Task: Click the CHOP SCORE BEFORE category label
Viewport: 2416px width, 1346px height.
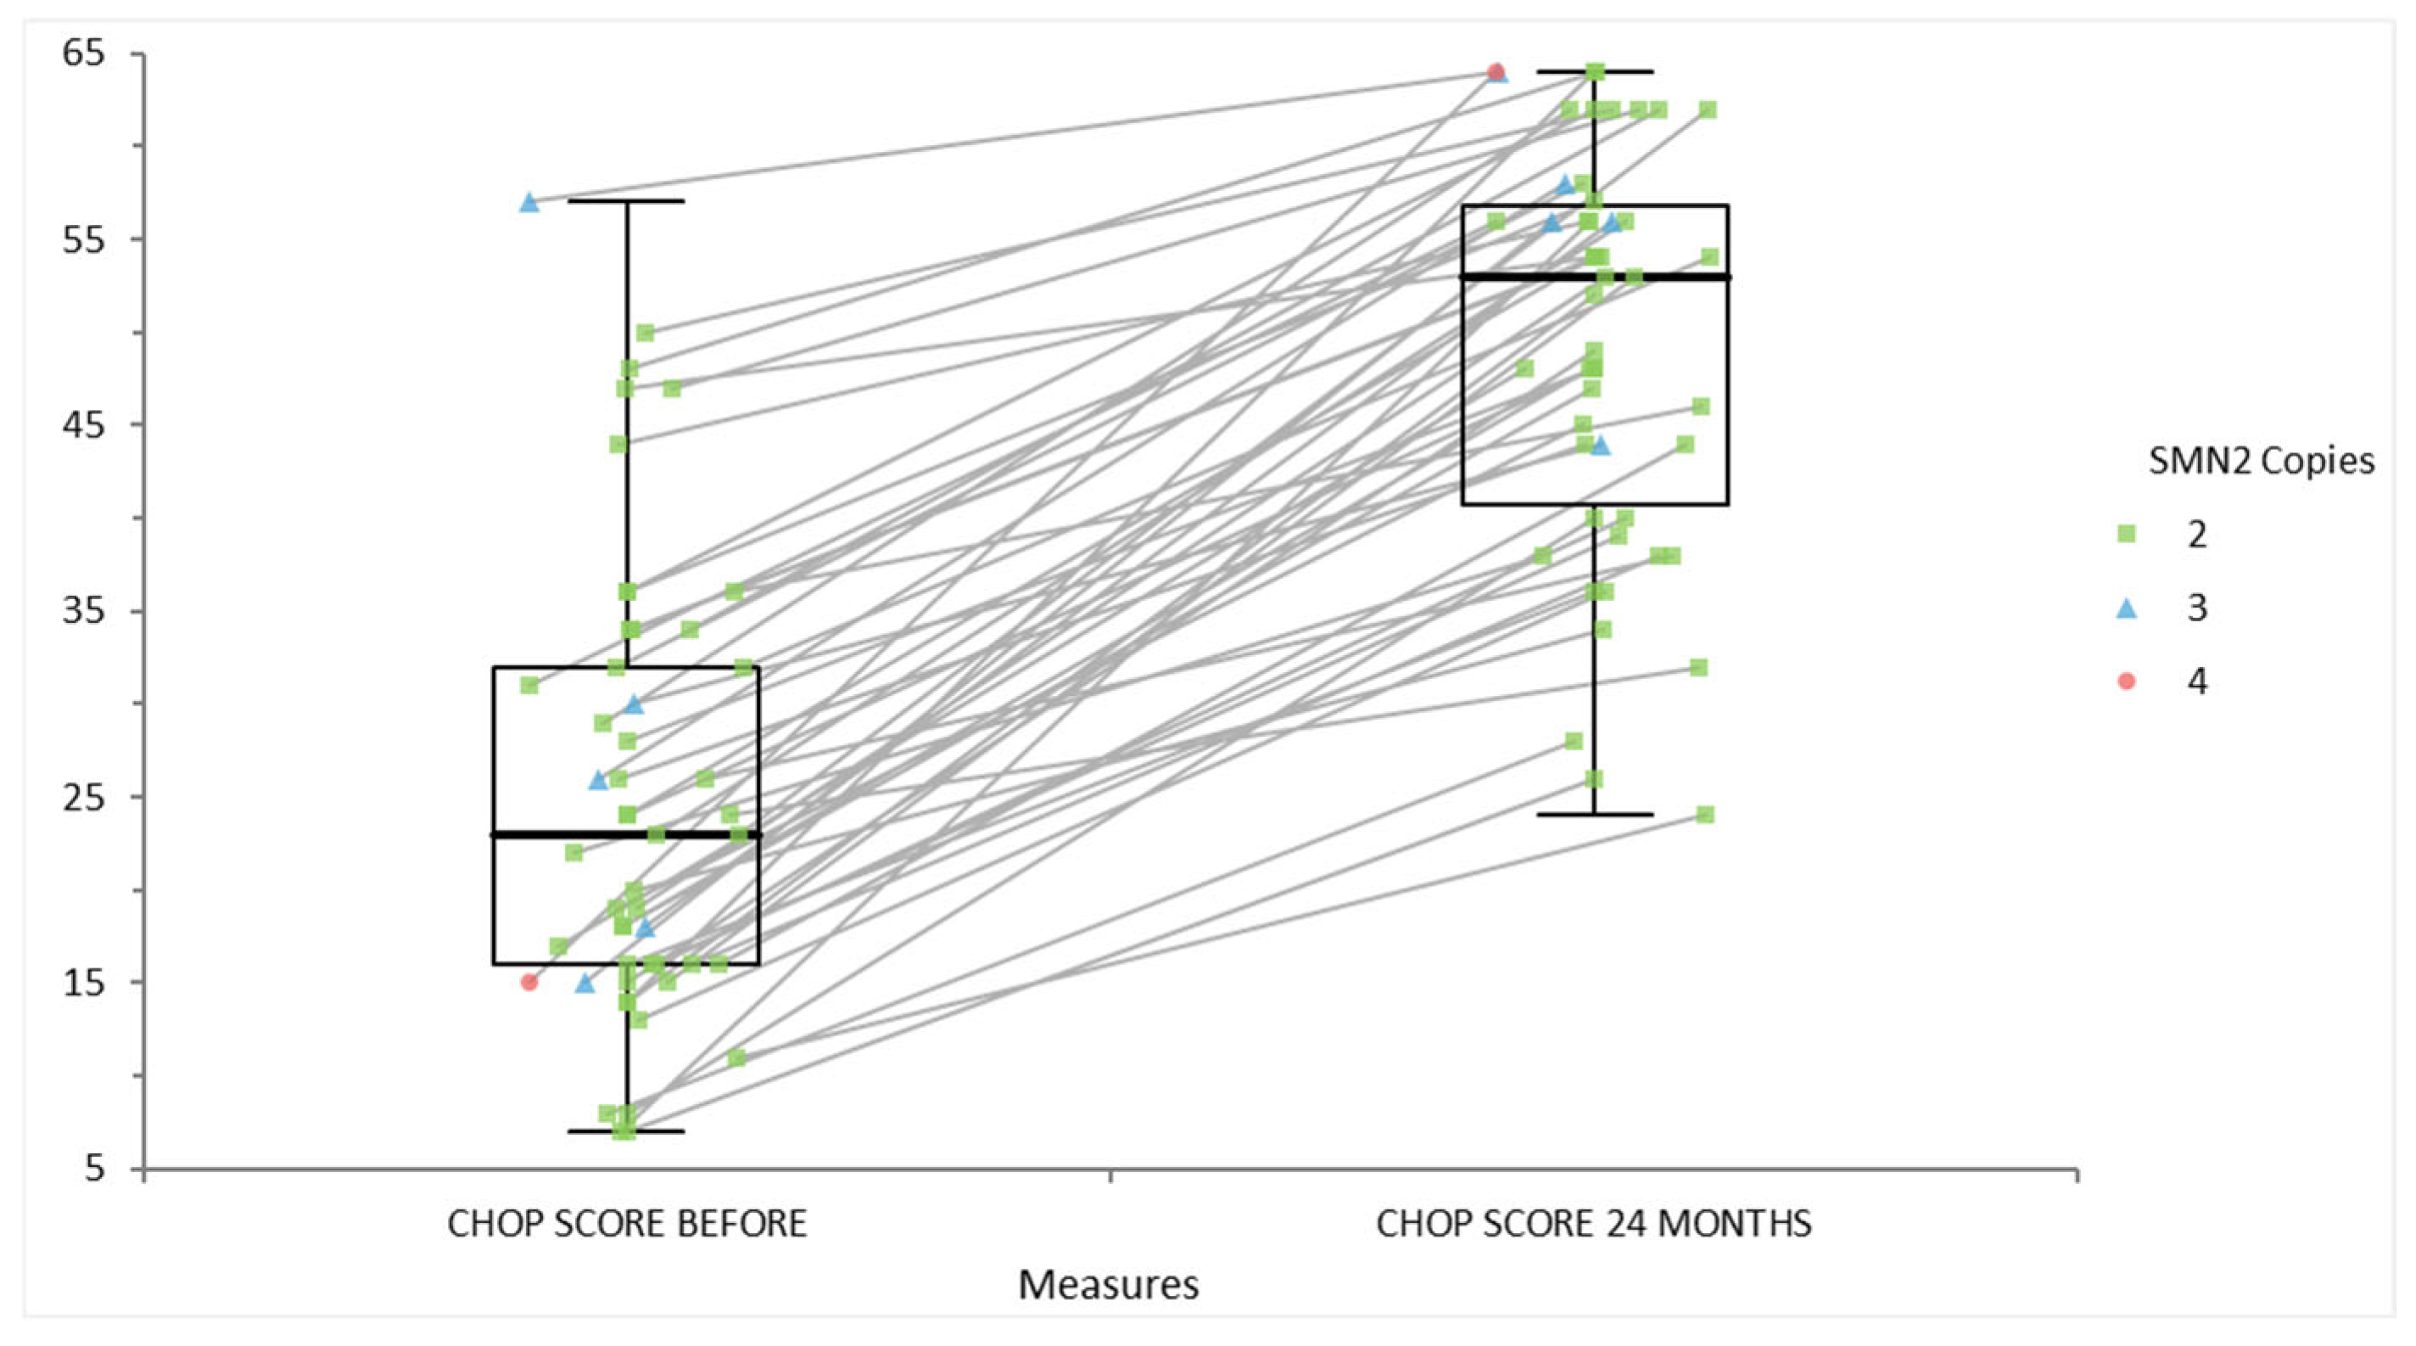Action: tap(627, 1224)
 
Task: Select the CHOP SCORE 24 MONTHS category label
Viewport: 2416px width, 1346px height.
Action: tap(1593, 1224)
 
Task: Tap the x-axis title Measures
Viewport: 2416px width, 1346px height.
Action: tap(1109, 1285)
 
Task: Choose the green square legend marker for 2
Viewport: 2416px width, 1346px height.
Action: tap(2126, 534)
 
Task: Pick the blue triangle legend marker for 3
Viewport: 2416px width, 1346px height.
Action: tap(2126, 608)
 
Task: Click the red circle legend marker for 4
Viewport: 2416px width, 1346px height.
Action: tap(2126, 681)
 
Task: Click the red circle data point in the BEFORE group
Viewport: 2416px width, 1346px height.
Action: tap(529, 982)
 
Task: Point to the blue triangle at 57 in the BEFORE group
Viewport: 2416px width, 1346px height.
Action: tap(529, 202)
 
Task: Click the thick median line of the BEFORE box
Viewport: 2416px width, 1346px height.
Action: tap(627, 834)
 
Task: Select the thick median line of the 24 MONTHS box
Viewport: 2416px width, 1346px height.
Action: tap(1595, 277)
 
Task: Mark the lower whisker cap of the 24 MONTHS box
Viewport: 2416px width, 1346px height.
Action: tap(1595, 814)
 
